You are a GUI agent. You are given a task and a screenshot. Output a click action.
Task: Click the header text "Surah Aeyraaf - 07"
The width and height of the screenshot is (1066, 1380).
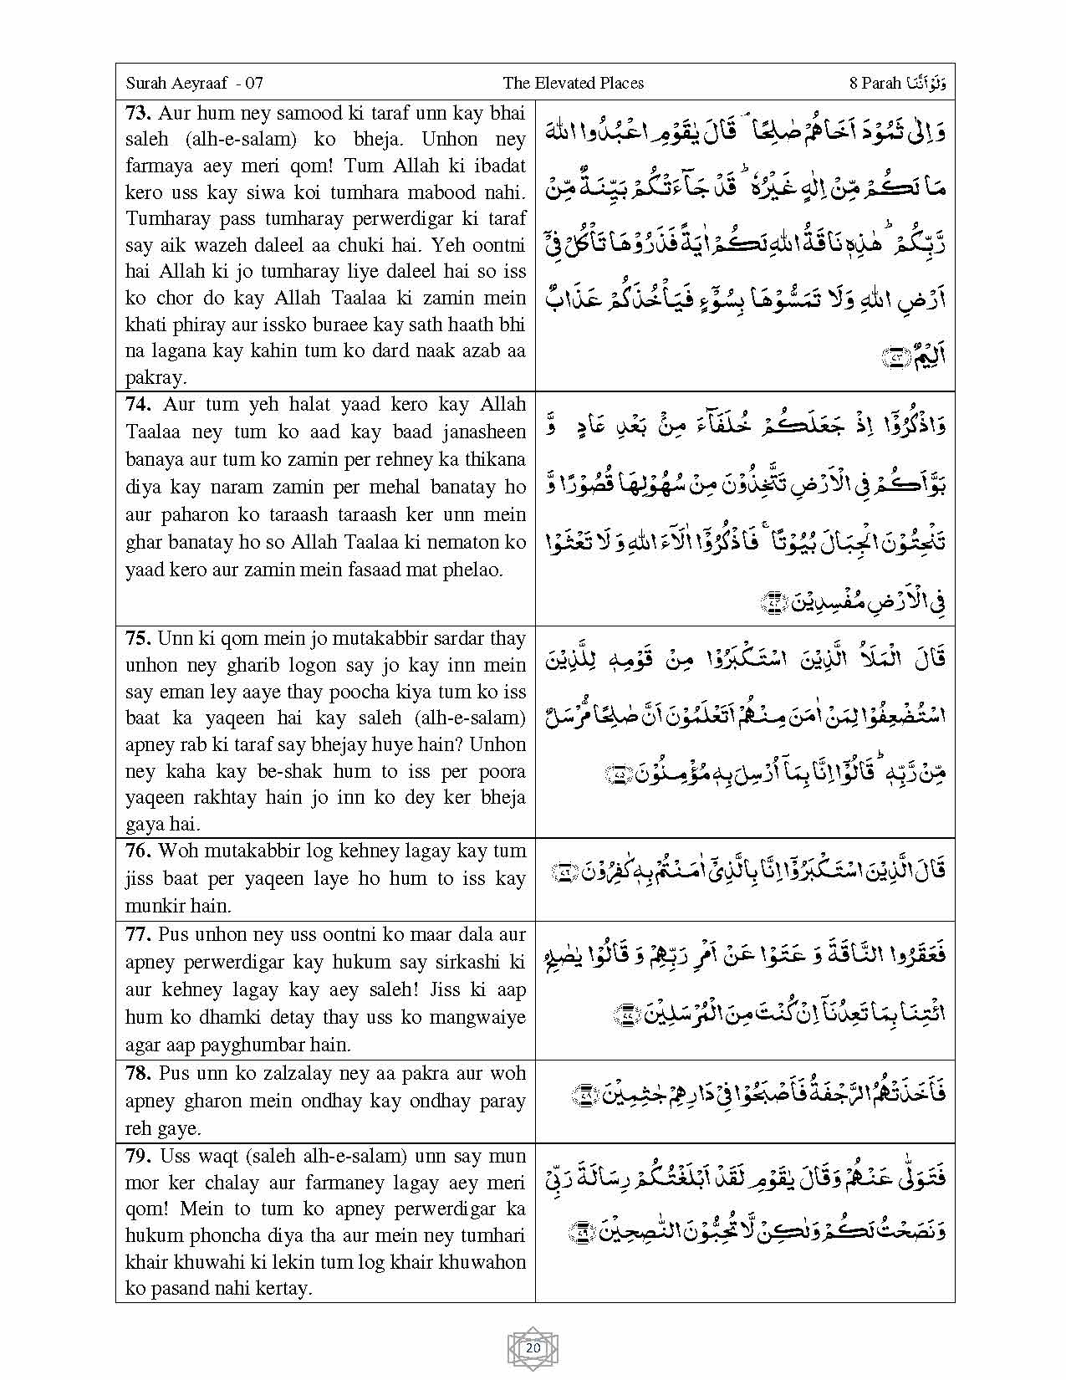[x=194, y=83]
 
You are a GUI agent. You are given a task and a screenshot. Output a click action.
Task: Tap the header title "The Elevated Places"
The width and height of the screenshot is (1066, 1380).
[x=573, y=83]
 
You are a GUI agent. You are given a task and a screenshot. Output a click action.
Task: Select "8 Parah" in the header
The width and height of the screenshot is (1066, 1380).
[x=875, y=83]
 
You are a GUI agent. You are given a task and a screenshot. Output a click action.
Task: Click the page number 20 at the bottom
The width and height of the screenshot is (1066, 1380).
[x=533, y=1348]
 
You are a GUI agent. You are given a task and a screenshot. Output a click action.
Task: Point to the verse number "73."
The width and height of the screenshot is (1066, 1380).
[x=139, y=113]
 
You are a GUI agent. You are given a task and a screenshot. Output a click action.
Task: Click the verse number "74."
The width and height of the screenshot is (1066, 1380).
[x=139, y=405]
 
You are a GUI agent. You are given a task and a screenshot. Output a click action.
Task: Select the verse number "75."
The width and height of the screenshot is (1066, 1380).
[x=139, y=638]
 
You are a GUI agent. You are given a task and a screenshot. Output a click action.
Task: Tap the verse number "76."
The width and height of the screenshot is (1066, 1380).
[x=139, y=851]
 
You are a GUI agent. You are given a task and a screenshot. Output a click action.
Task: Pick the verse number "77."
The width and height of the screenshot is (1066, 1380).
[x=139, y=934]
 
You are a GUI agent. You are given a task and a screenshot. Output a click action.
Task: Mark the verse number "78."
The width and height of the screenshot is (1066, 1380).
[x=139, y=1073]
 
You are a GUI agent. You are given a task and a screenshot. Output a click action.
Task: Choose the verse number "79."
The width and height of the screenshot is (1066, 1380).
[x=139, y=1156]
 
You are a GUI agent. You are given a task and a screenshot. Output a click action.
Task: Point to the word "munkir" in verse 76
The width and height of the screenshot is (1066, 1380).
[x=152, y=905]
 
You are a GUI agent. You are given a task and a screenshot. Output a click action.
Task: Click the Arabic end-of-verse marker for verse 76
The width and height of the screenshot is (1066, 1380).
[x=564, y=872]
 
